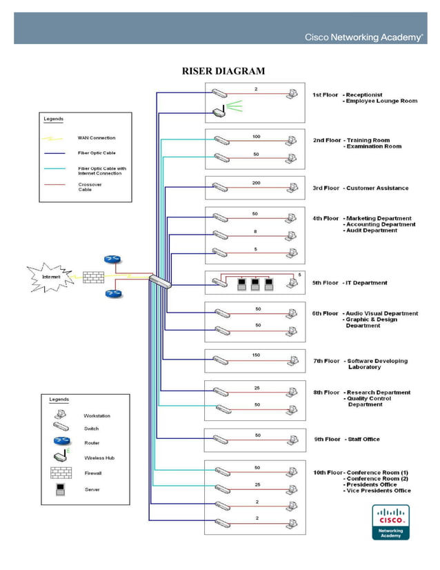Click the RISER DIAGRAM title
pos(223,71)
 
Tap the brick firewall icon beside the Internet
pos(94,277)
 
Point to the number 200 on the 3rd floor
pos(256,183)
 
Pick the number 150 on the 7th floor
pos(256,355)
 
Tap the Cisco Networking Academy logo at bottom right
pos(391,522)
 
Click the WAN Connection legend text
pos(97,138)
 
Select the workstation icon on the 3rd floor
pos(293,187)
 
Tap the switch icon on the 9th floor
pos(220,439)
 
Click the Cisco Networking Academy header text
pos(363,37)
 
